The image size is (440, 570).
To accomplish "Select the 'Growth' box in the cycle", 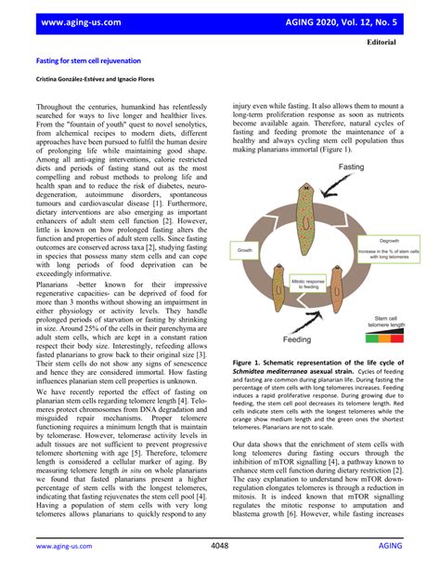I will [x=245, y=250].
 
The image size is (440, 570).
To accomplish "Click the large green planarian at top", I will [x=302, y=204].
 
